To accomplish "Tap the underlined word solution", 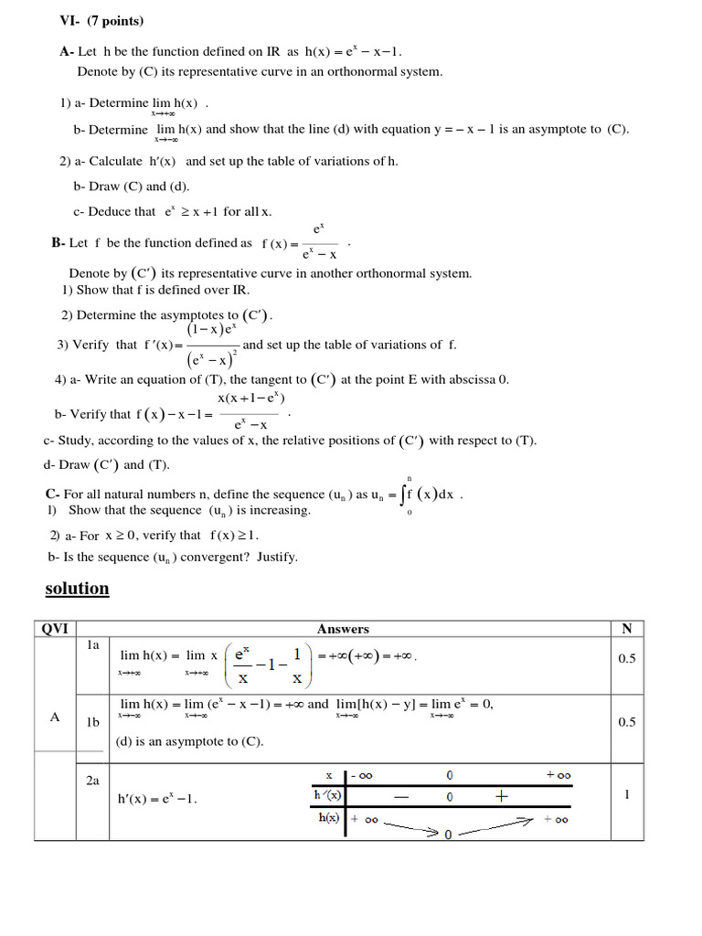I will (77, 589).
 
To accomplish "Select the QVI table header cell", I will (56, 629).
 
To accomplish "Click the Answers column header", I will (343, 629).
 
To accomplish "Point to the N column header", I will (626, 629).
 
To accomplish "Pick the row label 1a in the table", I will (92, 645).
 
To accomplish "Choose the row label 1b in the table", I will (92, 722).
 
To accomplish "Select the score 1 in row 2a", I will (627, 795).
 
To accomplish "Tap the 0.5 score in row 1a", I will (627, 658).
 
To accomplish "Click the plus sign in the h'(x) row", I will (501, 796).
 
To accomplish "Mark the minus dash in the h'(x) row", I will (400, 797).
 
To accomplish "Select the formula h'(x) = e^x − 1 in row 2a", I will (157, 799).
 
